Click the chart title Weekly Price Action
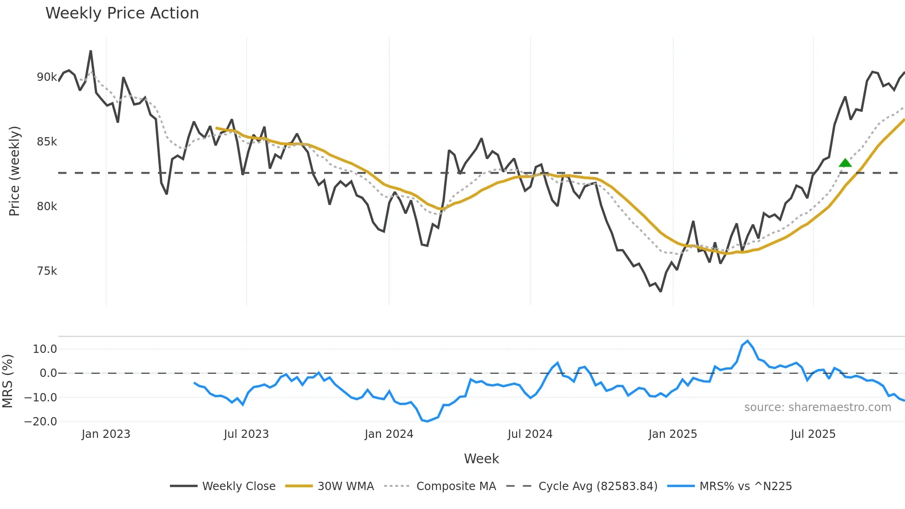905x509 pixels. tap(122, 13)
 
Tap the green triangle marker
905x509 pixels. tap(845, 163)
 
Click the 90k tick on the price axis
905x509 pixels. tap(47, 77)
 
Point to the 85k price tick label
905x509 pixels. tap(47, 142)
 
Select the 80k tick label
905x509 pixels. tap(47, 206)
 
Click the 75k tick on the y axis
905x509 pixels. tap(47, 271)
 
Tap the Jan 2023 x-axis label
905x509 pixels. tap(106, 434)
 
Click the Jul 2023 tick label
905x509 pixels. tap(246, 434)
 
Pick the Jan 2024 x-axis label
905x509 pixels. tap(389, 434)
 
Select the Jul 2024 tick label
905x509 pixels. tap(530, 434)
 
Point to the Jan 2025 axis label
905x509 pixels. tap(673, 434)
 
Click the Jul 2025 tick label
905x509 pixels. tap(813, 434)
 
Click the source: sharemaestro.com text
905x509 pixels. tap(817, 407)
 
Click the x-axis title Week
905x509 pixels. tap(481, 459)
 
